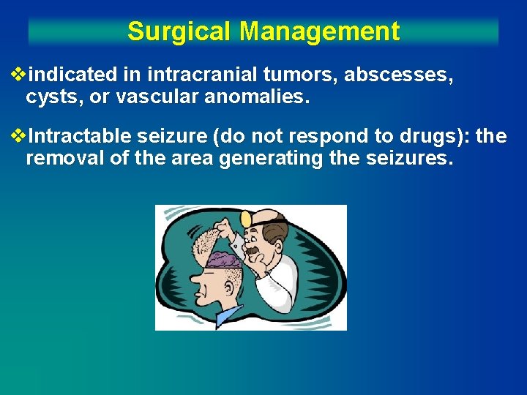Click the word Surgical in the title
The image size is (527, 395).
coord(179,31)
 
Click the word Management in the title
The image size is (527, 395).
coord(319,31)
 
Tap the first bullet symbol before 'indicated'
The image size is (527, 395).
coord(19,75)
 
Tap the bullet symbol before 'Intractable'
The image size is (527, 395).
coord(19,137)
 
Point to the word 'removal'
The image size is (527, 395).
coord(67,159)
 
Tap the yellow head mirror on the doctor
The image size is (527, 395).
coord(246,219)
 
